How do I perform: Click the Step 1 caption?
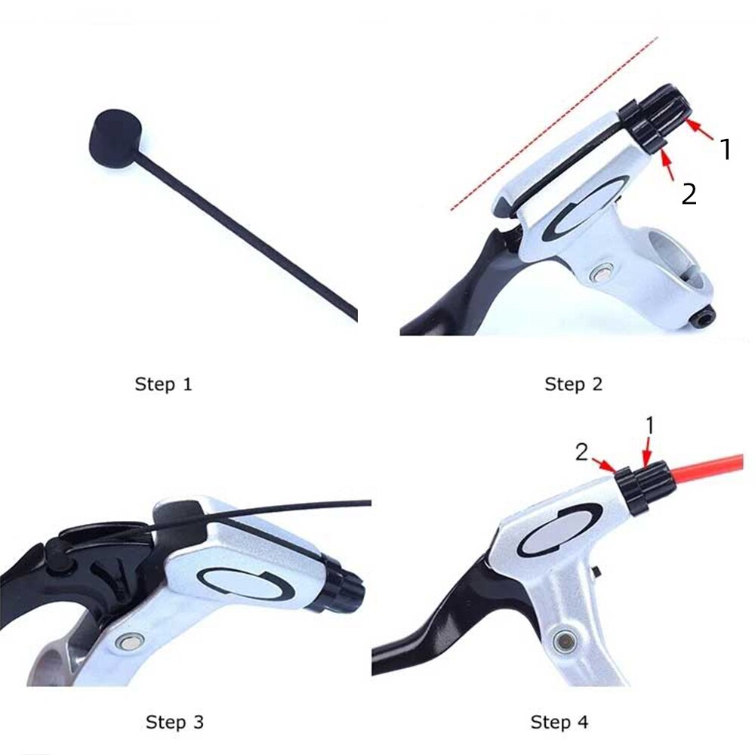pos(163,384)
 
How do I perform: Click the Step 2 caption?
pos(574,384)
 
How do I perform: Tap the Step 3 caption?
pos(175,722)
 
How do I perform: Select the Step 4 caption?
pos(559,722)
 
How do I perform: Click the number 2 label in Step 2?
pos(689,194)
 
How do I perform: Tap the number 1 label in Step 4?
pos(649,427)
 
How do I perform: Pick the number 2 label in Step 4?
pos(582,452)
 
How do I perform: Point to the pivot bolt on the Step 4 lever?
pos(562,642)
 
